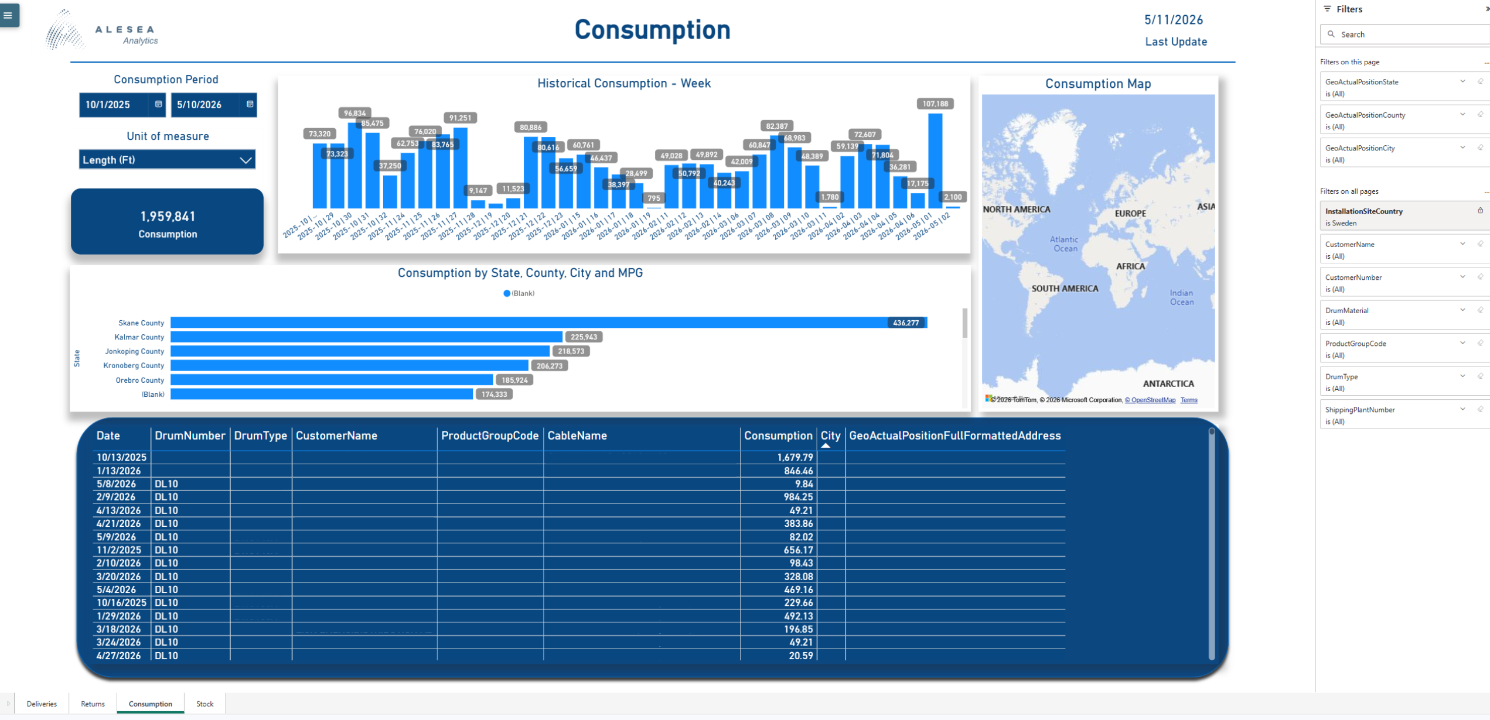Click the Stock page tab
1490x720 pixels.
coord(204,704)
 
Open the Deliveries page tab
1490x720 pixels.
coord(42,704)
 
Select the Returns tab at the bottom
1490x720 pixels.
coord(93,704)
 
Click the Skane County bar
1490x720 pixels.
coord(548,323)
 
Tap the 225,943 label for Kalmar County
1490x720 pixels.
coord(584,337)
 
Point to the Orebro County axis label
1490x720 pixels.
coord(139,380)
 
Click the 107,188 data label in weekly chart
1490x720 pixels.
coord(935,104)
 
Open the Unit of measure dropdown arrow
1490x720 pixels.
coord(246,160)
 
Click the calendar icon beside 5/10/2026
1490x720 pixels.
coord(250,104)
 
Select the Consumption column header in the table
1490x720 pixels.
coord(778,436)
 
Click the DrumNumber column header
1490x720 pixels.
coord(190,436)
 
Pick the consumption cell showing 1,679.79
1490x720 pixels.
coord(795,457)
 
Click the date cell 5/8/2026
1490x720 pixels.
coord(116,484)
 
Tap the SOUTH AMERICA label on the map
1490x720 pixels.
coord(1065,289)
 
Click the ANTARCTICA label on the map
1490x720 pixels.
coord(1168,384)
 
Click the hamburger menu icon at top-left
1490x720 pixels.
coord(8,15)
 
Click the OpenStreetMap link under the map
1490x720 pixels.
coord(1150,400)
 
